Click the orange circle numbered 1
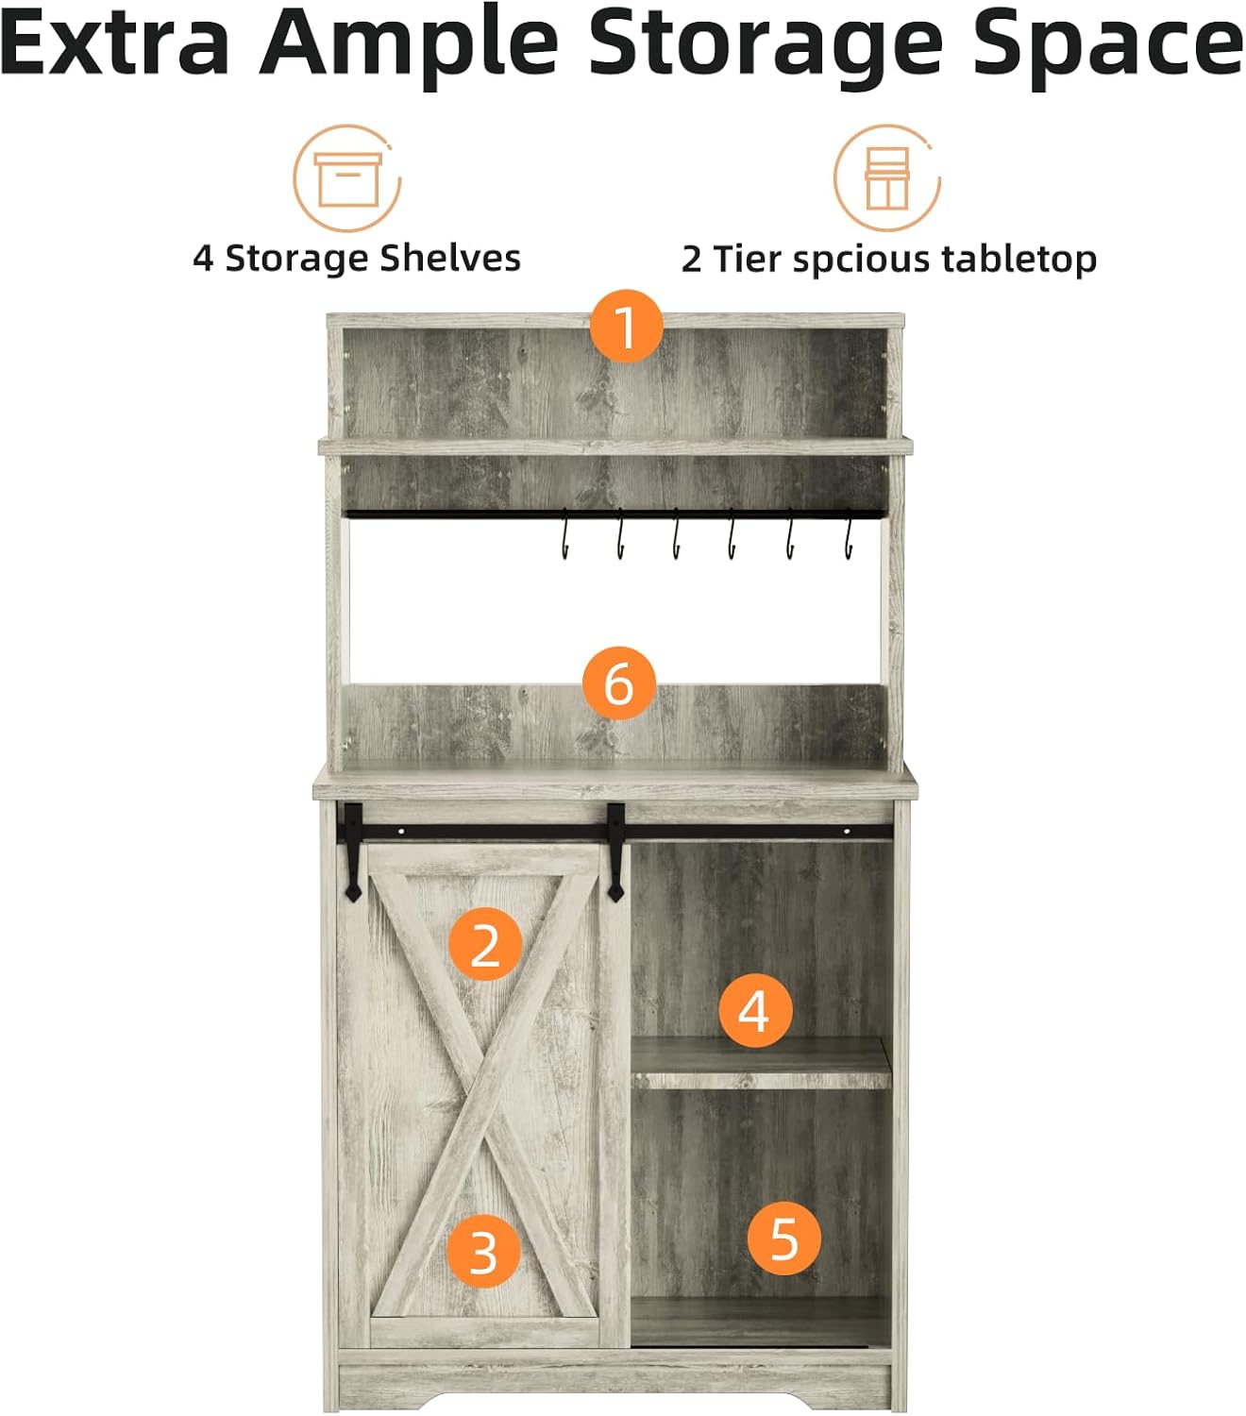click(x=626, y=326)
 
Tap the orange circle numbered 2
click(x=484, y=944)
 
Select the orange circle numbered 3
click(x=483, y=1251)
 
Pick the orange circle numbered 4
click(x=754, y=1011)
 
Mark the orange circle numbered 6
click(x=618, y=683)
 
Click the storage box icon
click(x=346, y=178)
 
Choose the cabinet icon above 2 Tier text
click(x=886, y=178)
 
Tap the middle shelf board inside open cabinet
click(x=761, y=1062)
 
